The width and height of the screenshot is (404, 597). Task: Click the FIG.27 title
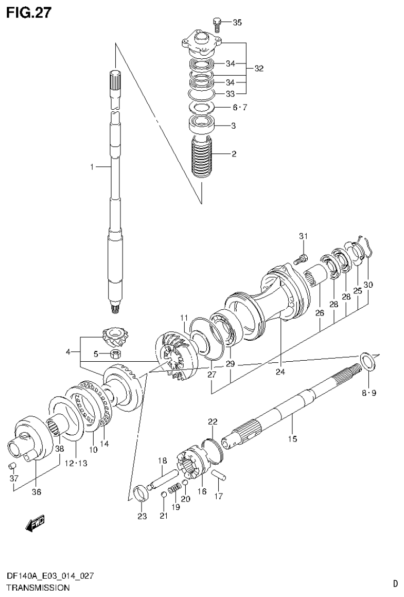point(28,13)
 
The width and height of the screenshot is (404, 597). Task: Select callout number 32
point(258,68)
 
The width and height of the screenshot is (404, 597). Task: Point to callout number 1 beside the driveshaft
point(92,167)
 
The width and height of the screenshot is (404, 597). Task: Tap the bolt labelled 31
point(301,258)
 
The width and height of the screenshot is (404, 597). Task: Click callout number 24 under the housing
point(280,372)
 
